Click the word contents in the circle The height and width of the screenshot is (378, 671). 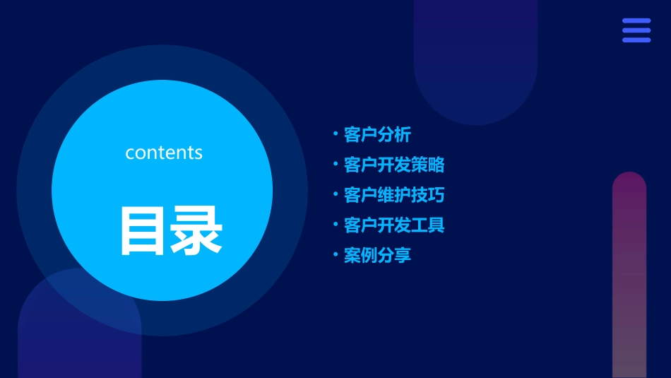pos(164,153)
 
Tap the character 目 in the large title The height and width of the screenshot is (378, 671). pos(143,230)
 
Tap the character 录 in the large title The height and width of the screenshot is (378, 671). pos(196,230)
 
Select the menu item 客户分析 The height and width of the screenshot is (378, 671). pos(377,135)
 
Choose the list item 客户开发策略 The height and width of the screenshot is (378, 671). pos(394,165)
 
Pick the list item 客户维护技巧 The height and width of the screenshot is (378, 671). pos(394,195)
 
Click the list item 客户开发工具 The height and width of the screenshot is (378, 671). pos(394,225)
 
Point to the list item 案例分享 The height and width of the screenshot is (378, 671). pos(377,255)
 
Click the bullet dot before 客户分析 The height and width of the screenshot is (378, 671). pos(335,134)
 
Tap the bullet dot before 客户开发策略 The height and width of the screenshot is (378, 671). pos(335,164)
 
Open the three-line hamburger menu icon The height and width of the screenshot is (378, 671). pos(636,30)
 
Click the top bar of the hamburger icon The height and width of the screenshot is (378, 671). pos(636,21)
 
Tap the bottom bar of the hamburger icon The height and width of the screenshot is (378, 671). pos(636,40)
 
